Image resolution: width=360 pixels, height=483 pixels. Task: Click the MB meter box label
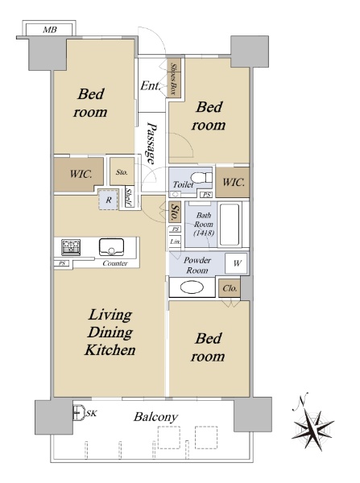50,30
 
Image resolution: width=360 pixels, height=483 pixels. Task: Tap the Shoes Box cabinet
174,79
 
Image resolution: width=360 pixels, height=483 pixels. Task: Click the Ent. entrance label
150,85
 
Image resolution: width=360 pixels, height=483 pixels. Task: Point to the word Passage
151,143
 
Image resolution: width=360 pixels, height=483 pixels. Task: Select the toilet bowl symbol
201,178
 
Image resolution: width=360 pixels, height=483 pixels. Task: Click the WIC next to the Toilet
233,182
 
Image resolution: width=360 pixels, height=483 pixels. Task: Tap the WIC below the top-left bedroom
79,174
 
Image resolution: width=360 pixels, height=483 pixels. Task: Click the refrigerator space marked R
108,200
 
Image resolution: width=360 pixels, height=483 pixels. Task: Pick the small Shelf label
129,197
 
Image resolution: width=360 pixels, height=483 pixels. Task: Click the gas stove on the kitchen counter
71,247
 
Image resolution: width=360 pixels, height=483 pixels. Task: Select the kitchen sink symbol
111,247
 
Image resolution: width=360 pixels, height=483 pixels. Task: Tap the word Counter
115,263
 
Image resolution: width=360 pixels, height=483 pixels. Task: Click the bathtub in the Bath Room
230,225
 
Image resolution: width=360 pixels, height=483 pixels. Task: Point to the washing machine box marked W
236,263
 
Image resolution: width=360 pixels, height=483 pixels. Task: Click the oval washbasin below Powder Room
192,287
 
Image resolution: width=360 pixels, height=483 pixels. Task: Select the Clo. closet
230,288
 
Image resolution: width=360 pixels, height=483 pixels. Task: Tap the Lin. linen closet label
175,242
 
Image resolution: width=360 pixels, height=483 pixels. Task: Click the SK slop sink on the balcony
79,412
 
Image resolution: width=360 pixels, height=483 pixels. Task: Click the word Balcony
155,417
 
